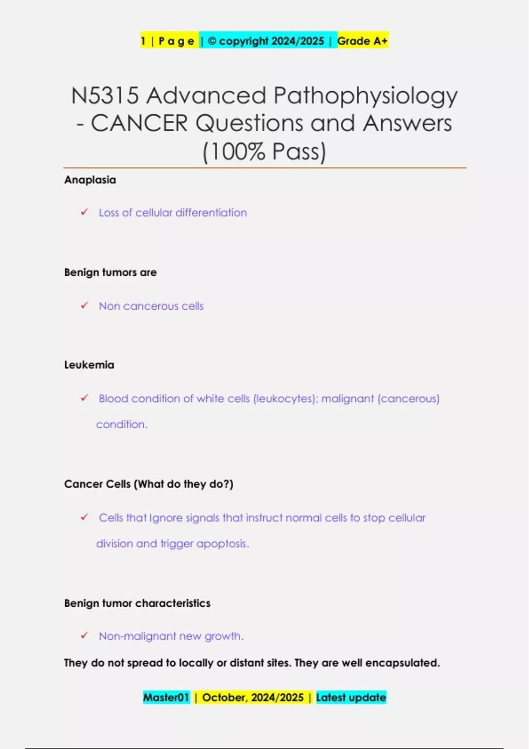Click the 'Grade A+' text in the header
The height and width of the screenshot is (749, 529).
[362, 41]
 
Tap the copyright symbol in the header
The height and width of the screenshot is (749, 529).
[212, 41]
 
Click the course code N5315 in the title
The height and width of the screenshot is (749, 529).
[105, 96]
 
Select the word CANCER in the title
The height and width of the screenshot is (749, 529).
[139, 123]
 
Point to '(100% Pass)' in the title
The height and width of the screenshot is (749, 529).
[264, 151]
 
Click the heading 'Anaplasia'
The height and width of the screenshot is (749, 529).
[90, 180]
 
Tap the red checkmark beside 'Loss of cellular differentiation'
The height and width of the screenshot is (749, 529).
[85, 212]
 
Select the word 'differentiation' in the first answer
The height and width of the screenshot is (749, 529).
[211, 212]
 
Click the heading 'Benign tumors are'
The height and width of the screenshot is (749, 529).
[110, 272]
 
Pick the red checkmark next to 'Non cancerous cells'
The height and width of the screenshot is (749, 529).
[85, 305]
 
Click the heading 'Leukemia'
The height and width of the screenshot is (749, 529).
[89, 365]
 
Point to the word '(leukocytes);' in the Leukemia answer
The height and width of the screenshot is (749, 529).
[286, 399]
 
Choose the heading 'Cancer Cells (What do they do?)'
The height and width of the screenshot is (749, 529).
[149, 484]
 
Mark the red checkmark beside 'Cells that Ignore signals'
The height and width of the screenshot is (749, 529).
[85, 517]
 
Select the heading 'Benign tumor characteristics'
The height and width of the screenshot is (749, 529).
[137, 603]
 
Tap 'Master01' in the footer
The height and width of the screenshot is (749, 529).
[166, 697]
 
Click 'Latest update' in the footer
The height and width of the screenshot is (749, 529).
[351, 697]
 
